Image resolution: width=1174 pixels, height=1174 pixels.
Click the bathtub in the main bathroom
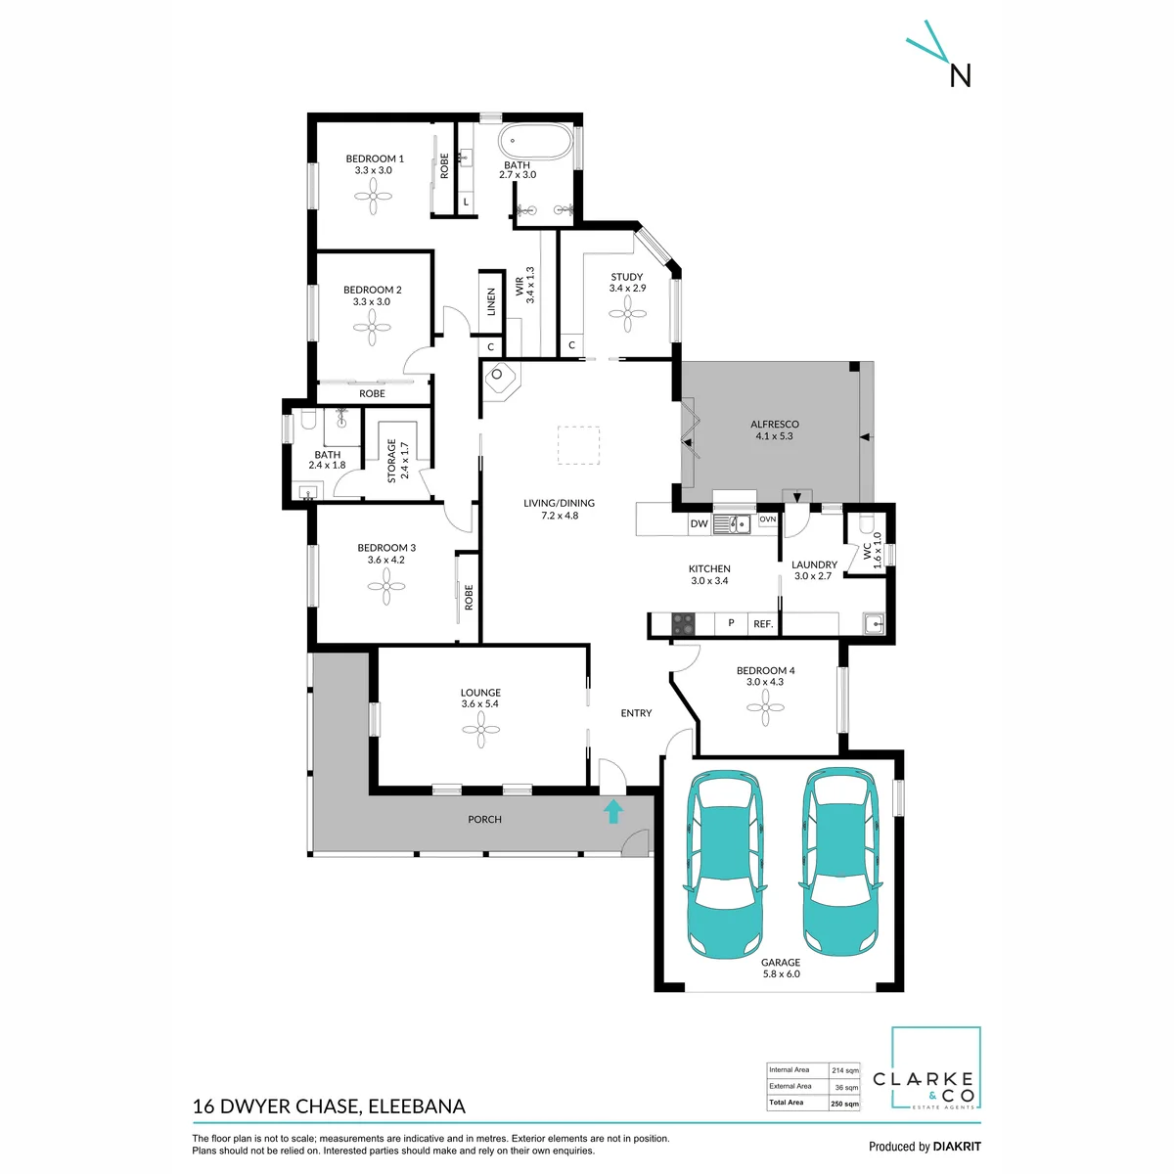(x=535, y=141)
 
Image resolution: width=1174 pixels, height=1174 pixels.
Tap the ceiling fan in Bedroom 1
(x=373, y=197)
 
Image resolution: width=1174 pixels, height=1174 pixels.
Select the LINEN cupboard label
(x=491, y=301)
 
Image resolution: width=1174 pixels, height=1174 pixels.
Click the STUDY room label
(x=626, y=277)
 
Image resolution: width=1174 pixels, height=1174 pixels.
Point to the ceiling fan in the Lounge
(x=480, y=729)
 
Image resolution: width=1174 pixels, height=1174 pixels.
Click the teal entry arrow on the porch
(x=612, y=811)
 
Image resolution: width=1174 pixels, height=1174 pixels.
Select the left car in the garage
(x=725, y=865)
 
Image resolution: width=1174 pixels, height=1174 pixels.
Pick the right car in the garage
(x=840, y=862)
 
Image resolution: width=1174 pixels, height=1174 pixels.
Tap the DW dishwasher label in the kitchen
(x=699, y=523)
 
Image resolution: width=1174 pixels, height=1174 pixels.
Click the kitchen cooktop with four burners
(x=683, y=623)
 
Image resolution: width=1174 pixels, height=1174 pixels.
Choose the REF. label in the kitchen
(x=763, y=624)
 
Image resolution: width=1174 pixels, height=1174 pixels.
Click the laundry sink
(x=874, y=624)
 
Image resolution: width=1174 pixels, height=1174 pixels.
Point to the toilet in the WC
(x=866, y=524)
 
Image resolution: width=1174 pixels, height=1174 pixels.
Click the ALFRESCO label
(x=774, y=424)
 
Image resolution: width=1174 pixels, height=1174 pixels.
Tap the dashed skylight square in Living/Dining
(x=578, y=445)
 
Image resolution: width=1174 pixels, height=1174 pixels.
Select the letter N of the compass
(x=960, y=76)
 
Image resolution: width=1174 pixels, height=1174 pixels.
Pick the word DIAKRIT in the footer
(x=955, y=1146)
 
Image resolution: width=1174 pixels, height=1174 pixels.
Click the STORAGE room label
(x=391, y=461)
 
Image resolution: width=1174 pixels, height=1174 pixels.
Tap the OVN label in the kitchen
(x=768, y=519)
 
